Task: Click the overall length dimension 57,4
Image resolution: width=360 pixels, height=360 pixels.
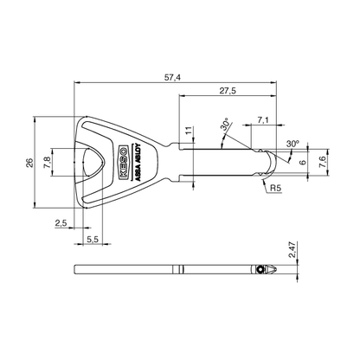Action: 172,77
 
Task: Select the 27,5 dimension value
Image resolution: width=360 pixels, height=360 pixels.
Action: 228,90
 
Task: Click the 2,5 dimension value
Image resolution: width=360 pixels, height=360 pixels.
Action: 60,223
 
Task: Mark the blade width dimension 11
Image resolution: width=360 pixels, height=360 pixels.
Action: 189,132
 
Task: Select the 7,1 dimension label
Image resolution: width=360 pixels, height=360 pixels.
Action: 263,120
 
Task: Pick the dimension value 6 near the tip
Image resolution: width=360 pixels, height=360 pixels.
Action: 303,160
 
